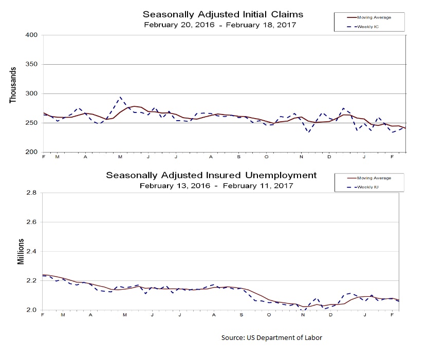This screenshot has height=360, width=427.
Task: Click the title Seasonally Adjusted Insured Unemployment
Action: click(211, 175)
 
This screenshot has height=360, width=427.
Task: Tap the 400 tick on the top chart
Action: click(32, 35)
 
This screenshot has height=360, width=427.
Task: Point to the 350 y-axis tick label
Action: click(32, 64)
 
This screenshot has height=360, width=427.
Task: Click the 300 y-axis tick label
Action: click(32, 93)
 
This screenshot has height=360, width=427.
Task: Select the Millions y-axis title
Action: click(21, 252)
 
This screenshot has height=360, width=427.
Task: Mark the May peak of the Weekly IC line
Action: click(120, 97)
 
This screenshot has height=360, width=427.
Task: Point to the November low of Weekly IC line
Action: click(308, 132)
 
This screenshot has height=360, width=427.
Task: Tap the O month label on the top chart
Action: click(267, 156)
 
